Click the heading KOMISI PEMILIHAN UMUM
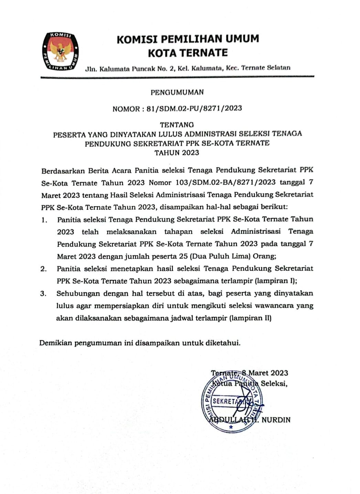pos(188,39)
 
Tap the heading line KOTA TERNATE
pos(188,53)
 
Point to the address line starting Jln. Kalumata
pos(188,68)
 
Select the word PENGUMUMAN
pos(177,92)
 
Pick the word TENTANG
pos(177,125)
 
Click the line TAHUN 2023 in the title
pos(177,153)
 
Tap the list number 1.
pos(44,220)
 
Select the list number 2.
pos(43,269)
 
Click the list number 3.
pos(43,294)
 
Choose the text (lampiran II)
pos(251,318)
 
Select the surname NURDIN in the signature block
pos(276,420)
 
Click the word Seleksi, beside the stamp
pos(274,383)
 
